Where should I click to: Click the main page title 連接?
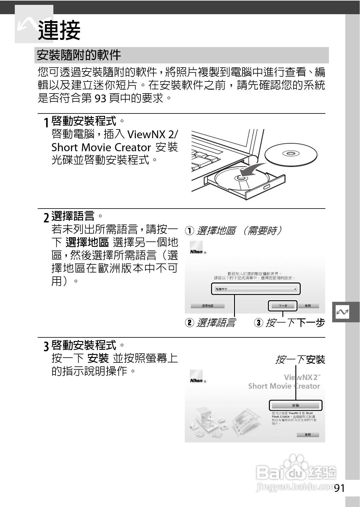[x=59, y=30]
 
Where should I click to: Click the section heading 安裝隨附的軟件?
[x=79, y=55]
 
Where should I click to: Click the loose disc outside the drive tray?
[x=291, y=154]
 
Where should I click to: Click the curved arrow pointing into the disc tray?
[x=252, y=170]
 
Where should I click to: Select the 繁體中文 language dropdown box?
[x=256, y=289]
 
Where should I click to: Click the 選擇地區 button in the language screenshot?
[x=207, y=306]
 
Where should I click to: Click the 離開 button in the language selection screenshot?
[x=308, y=306]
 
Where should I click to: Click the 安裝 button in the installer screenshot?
[x=295, y=405]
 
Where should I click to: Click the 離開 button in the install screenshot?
[x=307, y=435]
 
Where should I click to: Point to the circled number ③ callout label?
[x=259, y=323]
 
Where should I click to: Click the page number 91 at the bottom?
[x=339, y=488]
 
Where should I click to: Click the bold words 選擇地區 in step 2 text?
[x=87, y=242]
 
